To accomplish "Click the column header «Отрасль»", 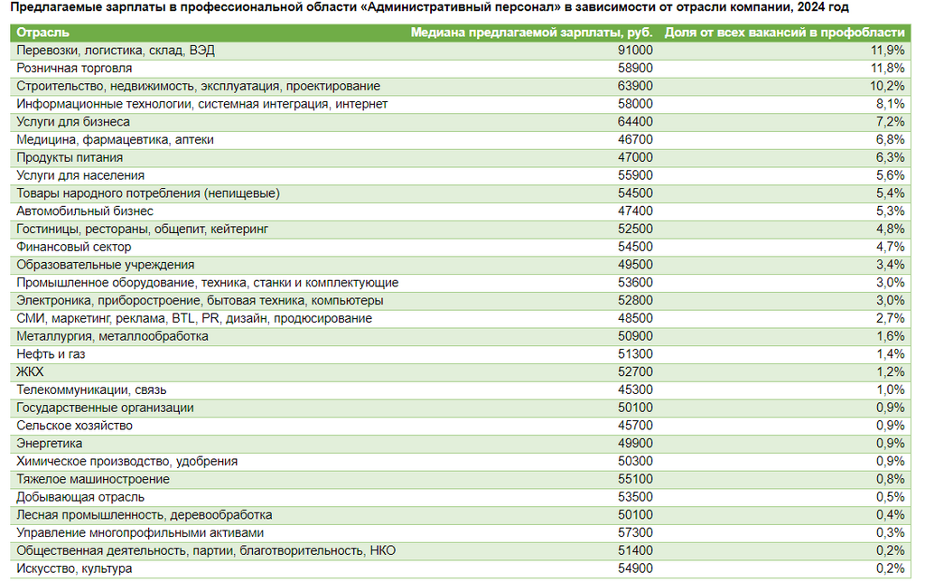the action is point(42,33).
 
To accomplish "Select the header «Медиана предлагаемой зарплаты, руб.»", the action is point(531,33).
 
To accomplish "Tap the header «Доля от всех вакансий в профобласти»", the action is point(785,33).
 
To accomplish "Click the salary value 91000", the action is point(635,51).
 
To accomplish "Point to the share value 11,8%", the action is point(888,68).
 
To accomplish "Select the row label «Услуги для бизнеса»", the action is point(73,122).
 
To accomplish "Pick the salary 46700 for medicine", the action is point(635,139).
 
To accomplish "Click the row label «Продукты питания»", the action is point(70,157).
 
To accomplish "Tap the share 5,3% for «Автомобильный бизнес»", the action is point(890,211).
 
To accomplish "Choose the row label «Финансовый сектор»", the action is point(74,247).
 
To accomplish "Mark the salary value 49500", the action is point(635,265).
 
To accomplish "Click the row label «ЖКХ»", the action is point(30,371).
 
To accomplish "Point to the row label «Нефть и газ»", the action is point(51,354).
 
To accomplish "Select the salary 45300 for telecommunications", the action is point(635,390).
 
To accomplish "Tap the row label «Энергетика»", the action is point(49,444).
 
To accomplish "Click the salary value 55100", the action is point(635,479).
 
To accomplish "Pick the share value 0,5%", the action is point(890,497).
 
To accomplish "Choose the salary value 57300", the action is point(635,532).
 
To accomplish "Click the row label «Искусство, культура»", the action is point(74,568).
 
